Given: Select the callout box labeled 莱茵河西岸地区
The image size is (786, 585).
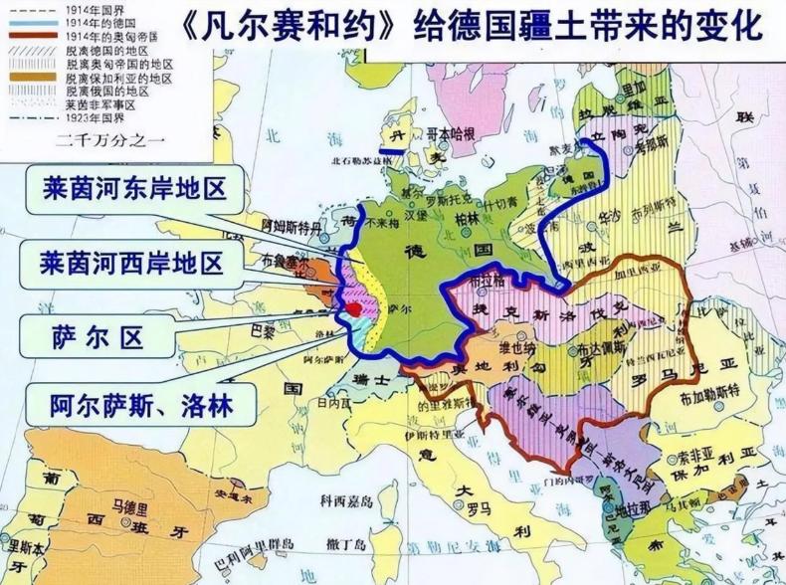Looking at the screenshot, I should (x=134, y=263).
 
